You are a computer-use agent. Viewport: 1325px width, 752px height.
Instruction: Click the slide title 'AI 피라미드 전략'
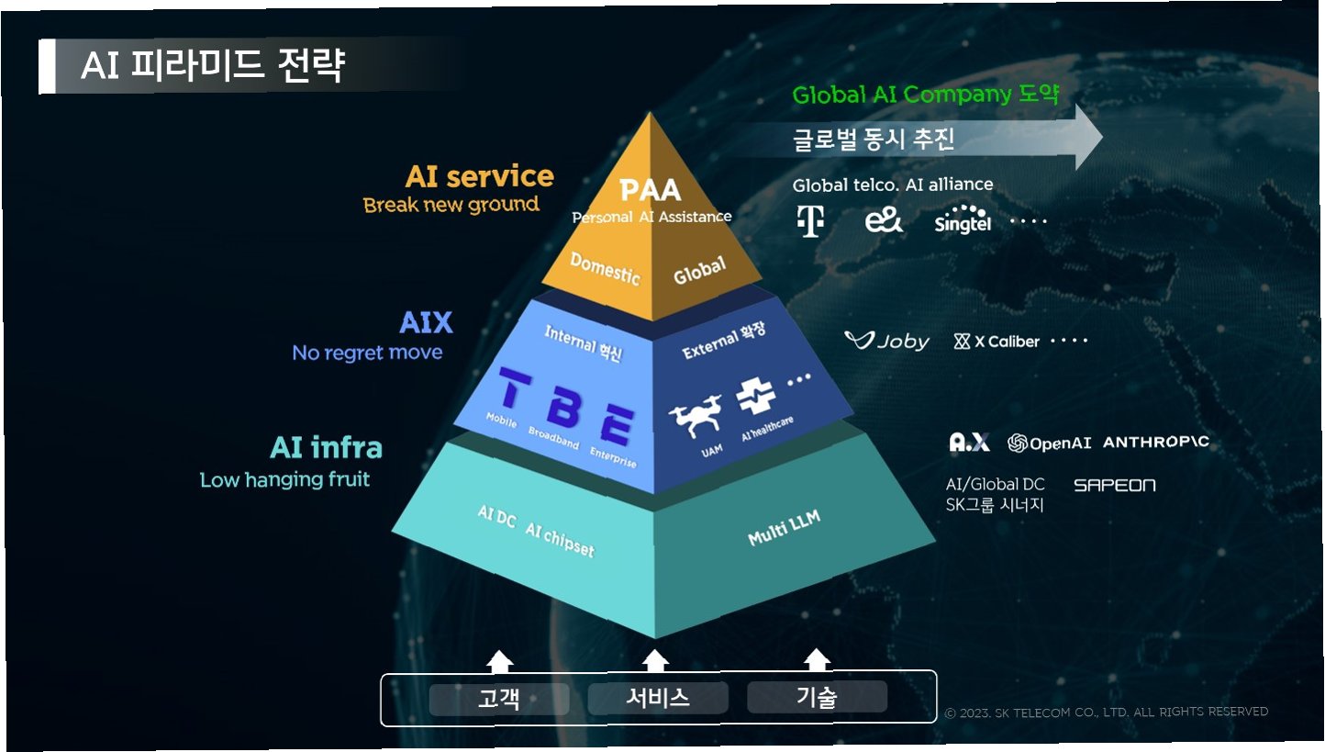tap(213, 66)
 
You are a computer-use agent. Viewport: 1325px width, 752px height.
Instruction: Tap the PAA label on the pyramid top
tap(651, 190)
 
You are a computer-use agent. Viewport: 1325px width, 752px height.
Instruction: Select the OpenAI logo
tap(1050, 443)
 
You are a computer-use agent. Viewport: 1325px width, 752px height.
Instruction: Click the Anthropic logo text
tap(1155, 443)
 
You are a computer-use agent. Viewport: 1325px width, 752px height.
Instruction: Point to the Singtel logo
tap(962, 219)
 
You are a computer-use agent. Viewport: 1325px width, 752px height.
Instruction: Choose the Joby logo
tap(886, 342)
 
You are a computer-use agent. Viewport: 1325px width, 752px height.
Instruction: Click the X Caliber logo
tap(997, 342)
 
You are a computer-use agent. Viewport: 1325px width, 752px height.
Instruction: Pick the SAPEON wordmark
tap(1114, 485)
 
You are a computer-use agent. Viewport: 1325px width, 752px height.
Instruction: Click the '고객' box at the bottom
tap(498, 699)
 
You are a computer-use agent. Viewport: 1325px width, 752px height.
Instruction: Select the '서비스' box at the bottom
tap(657, 698)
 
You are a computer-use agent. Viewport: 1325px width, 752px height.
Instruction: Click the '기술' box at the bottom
tap(816, 697)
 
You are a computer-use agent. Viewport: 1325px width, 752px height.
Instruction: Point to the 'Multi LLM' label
tap(784, 529)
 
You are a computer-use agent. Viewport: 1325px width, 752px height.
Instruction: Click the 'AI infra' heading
tap(326, 448)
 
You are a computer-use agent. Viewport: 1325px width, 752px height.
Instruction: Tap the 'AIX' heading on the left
tap(426, 323)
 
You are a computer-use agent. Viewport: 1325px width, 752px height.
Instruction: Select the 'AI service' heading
tap(479, 176)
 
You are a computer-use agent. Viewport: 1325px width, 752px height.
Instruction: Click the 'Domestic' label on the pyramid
tap(605, 268)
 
